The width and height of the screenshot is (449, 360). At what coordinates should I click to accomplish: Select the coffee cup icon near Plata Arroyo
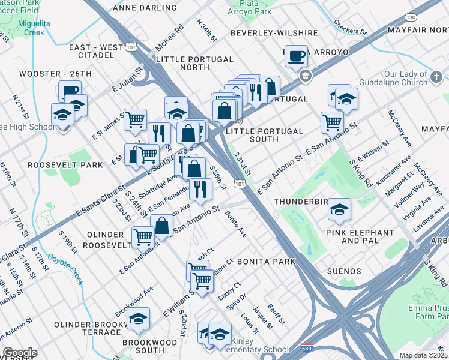295,56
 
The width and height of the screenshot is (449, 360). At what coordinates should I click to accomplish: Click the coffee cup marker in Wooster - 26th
70,91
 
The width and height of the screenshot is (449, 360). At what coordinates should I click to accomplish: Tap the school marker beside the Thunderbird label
339,210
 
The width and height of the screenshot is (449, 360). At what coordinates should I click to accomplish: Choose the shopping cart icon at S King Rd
332,122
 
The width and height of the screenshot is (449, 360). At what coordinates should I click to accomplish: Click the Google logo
20,353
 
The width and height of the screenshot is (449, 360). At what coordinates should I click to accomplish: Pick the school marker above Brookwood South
138,319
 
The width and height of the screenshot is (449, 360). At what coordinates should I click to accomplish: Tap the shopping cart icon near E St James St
136,119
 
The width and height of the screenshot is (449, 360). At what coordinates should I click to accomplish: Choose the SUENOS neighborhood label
343,271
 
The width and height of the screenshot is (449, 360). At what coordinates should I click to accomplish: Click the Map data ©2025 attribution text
423,355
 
